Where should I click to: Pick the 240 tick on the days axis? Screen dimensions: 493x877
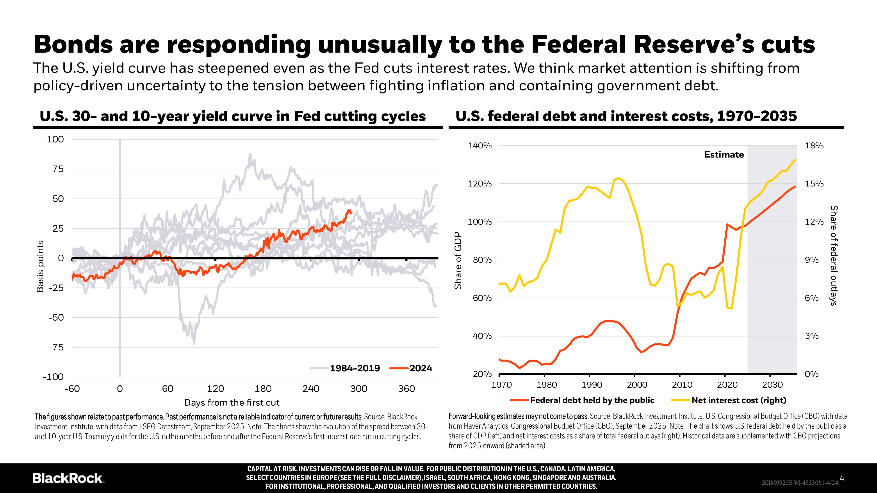point(311,388)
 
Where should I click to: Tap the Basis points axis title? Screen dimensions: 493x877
point(40,266)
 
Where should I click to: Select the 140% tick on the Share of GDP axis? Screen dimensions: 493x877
point(479,146)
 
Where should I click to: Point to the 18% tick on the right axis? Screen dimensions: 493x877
point(814,146)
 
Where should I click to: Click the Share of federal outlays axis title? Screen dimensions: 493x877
point(833,255)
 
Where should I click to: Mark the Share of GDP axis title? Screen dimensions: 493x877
point(458,260)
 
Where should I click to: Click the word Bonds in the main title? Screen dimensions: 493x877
point(73,44)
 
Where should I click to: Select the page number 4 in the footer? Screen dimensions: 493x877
point(842,478)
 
